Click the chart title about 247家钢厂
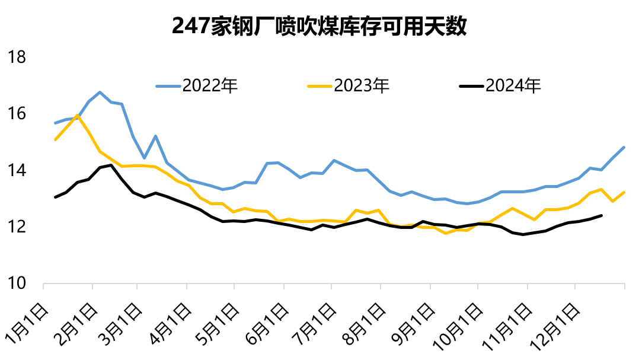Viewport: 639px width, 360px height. coord(319,27)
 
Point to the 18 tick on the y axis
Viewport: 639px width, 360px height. coord(17,58)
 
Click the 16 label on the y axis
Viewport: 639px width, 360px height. coord(17,114)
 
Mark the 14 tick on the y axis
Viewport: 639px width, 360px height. coord(17,171)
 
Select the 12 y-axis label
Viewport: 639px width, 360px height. coord(17,227)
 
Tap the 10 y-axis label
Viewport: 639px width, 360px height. coord(17,284)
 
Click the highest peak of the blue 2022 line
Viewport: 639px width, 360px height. coord(100,92)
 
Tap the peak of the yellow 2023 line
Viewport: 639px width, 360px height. coord(78,115)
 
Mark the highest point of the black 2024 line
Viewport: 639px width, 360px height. coord(111,165)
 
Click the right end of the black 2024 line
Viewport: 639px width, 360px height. coord(602,215)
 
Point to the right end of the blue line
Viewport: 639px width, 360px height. coord(624,147)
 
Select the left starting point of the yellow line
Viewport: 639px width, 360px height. coord(55,140)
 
